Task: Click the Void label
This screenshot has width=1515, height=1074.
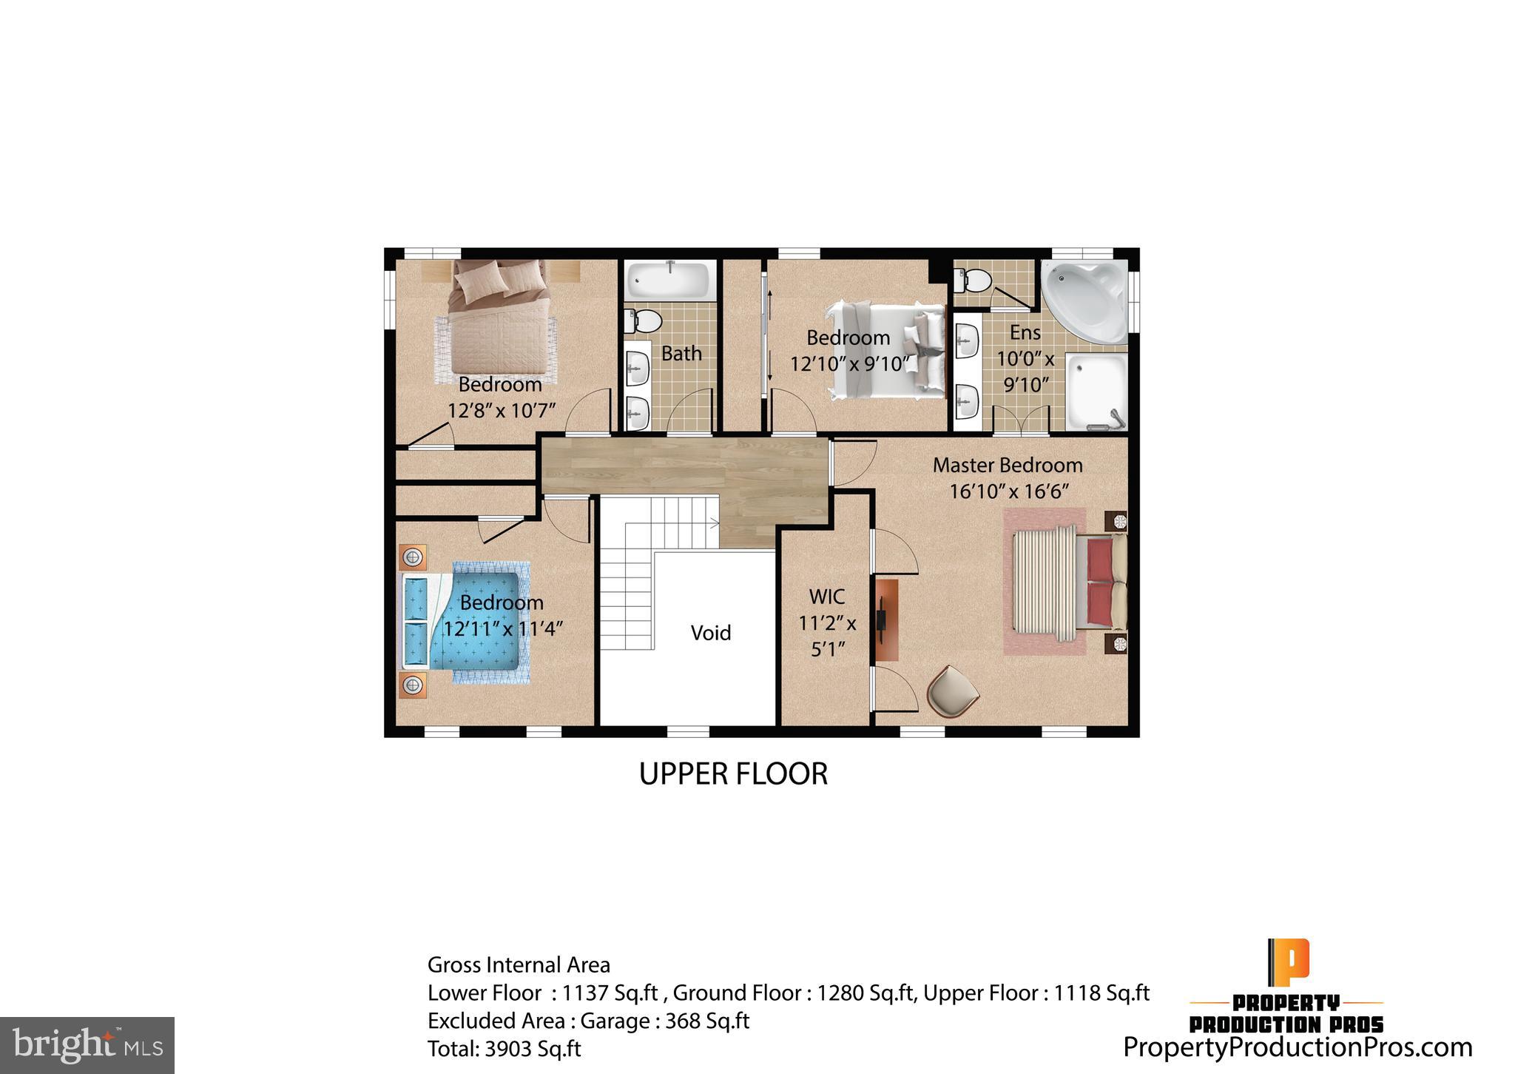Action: pos(710,633)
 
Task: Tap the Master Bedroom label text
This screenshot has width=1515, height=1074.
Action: pos(1007,466)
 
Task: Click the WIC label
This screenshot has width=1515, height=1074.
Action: pos(827,597)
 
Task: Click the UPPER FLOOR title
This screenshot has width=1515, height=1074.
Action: pos(733,774)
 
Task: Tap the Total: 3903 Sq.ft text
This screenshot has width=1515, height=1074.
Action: pos(504,1049)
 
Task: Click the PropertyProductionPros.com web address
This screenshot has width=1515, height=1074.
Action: pos(1298,1047)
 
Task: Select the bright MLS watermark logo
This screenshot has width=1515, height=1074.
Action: pos(87,1044)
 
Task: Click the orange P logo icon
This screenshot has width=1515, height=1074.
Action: pos(1288,961)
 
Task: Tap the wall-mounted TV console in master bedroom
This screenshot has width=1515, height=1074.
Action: pos(885,620)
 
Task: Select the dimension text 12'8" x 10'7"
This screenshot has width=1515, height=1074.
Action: pos(501,411)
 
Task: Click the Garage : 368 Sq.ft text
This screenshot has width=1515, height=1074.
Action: pos(664,1021)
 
